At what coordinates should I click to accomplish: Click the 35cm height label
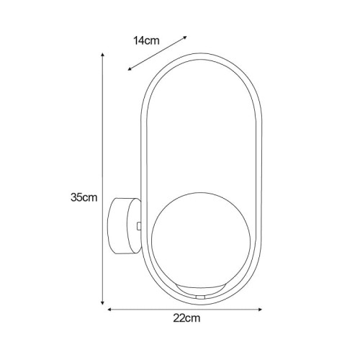84,197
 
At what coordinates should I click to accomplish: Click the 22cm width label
186,318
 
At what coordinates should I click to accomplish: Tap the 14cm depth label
146,40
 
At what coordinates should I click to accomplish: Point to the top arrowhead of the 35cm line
103,55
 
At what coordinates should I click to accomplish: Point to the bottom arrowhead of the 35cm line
103,303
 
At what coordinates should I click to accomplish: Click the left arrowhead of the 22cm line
109,310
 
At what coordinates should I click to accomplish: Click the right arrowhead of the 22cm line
260,310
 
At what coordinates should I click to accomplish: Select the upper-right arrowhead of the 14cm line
185,37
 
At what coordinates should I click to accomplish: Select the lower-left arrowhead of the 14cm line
130,69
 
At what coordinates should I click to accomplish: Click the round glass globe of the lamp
201,240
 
